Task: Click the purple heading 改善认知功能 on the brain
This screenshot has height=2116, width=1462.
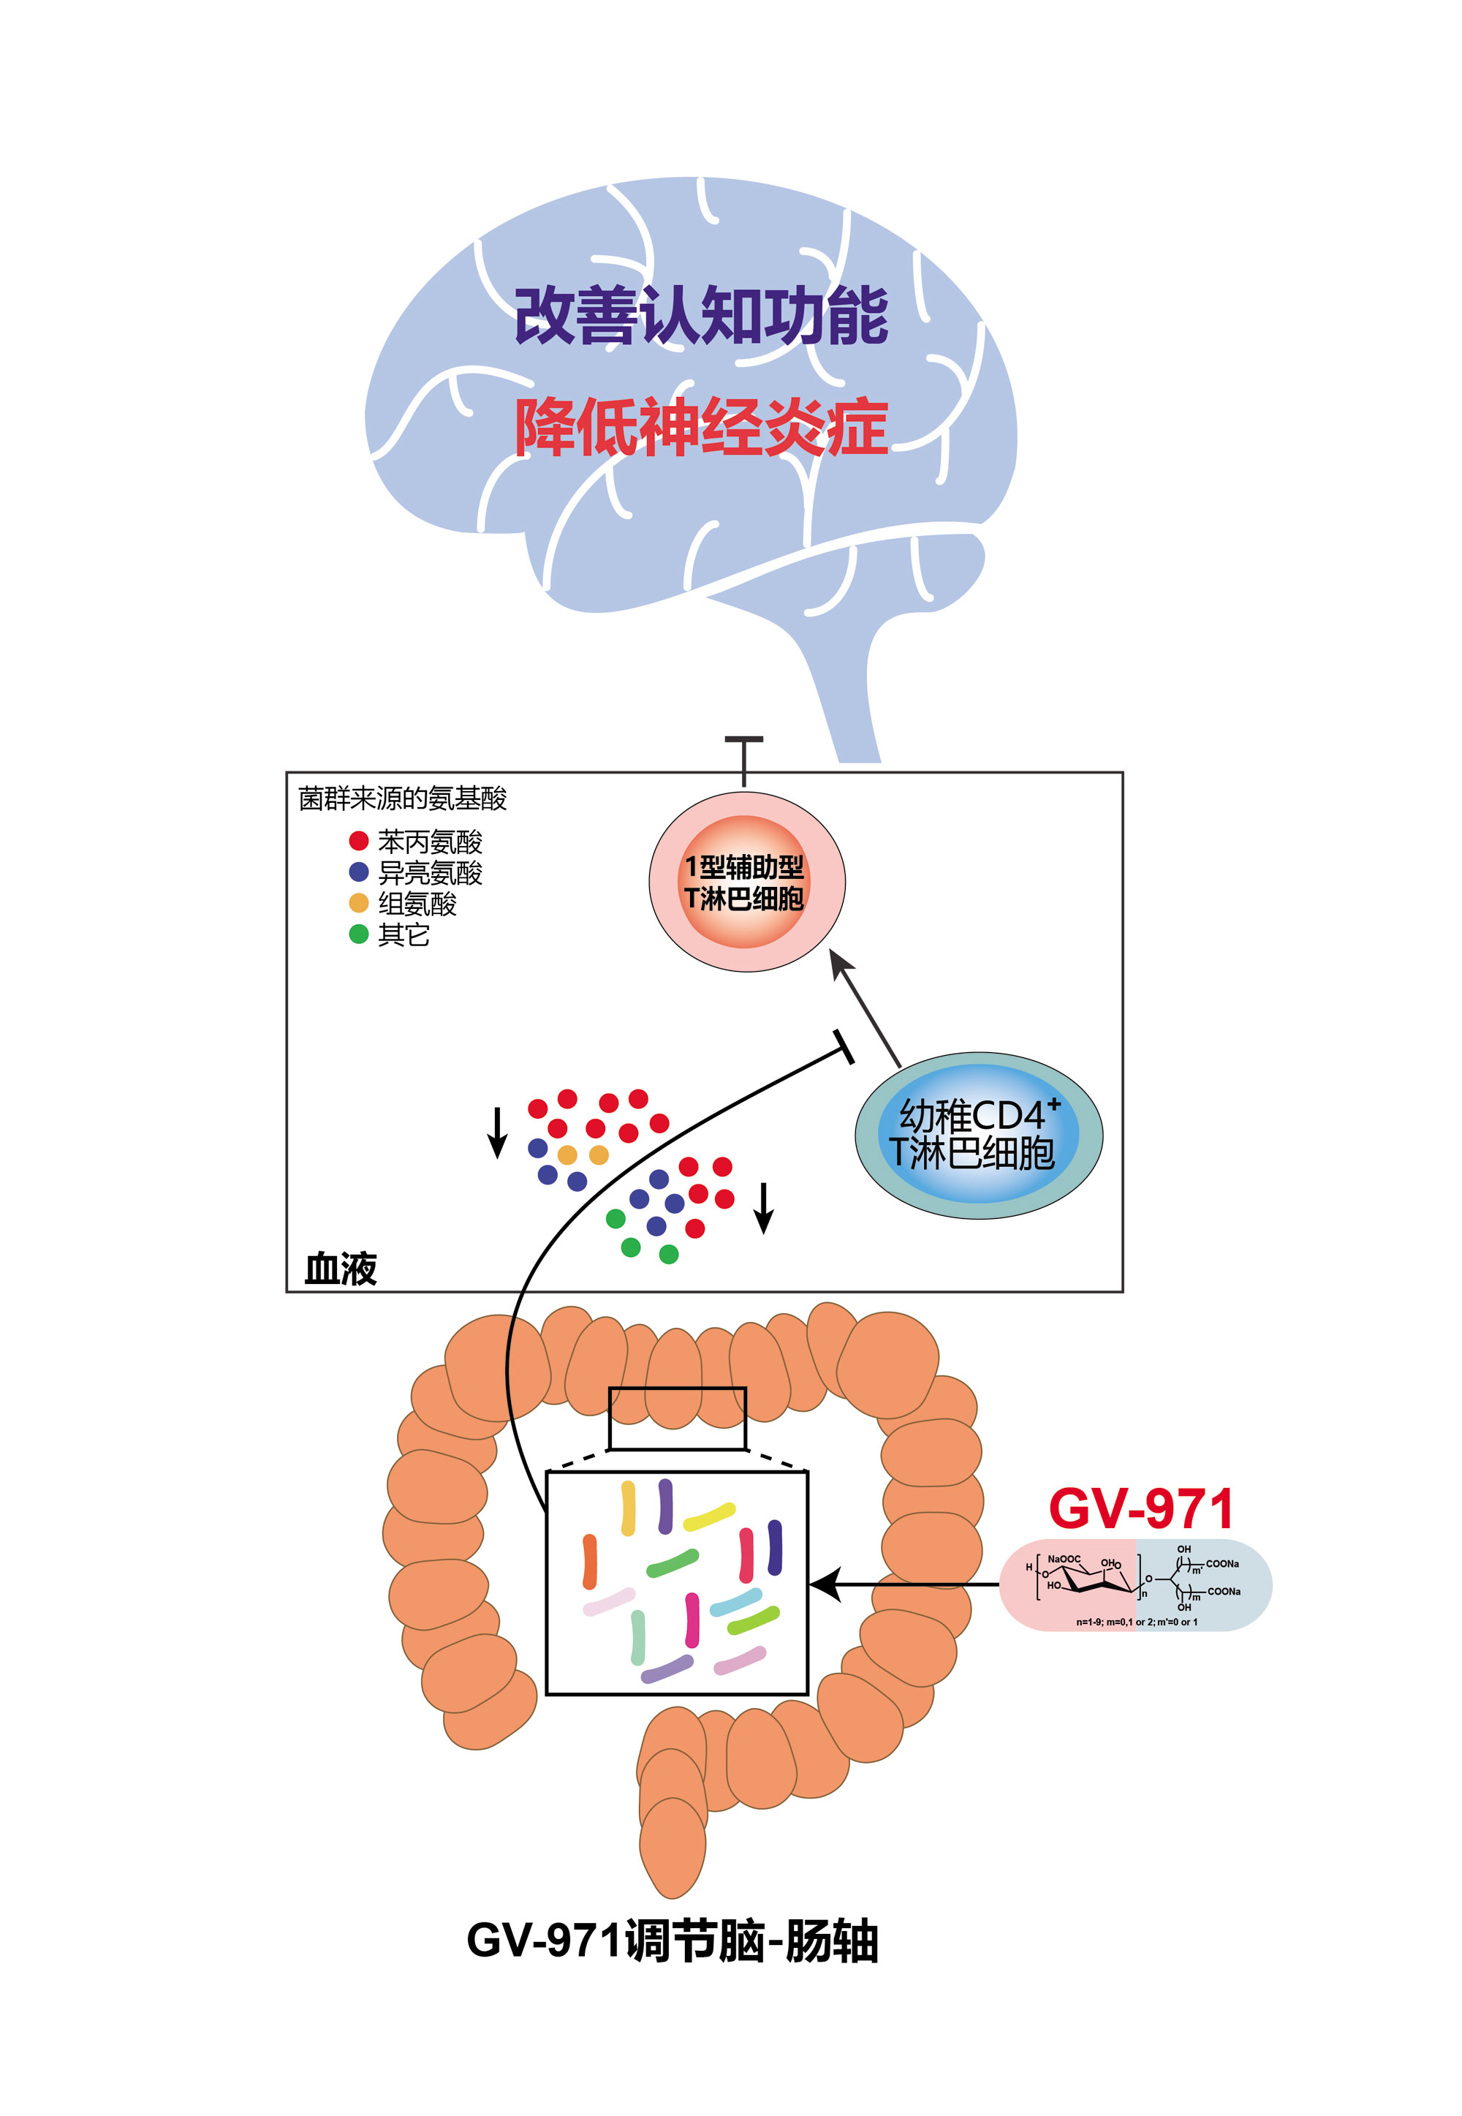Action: pyautogui.click(x=701, y=316)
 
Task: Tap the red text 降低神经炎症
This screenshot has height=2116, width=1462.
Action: pyautogui.click(x=701, y=428)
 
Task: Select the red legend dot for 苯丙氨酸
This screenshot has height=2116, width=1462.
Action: pyautogui.click(x=359, y=841)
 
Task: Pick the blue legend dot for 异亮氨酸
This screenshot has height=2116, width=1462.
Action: pyautogui.click(x=359, y=872)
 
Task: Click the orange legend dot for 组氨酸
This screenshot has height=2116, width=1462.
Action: pyautogui.click(x=359, y=903)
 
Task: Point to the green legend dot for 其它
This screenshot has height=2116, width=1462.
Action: pyautogui.click(x=359, y=934)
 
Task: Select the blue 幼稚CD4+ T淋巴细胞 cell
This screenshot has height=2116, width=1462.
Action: pyautogui.click(x=977, y=1135)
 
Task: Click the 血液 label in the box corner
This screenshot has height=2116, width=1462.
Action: pyautogui.click(x=341, y=1269)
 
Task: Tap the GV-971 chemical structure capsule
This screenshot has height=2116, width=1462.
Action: pyautogui.click(x=1135, y=1584)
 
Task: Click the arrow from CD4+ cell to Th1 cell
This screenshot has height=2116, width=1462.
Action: pyautogui.click(x=866, y=1008)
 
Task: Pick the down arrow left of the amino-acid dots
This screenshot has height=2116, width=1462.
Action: pyautogui.click(x=497, y=1132)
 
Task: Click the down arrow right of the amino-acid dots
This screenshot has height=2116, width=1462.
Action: pyautogui.click(x=764, y=1207)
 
